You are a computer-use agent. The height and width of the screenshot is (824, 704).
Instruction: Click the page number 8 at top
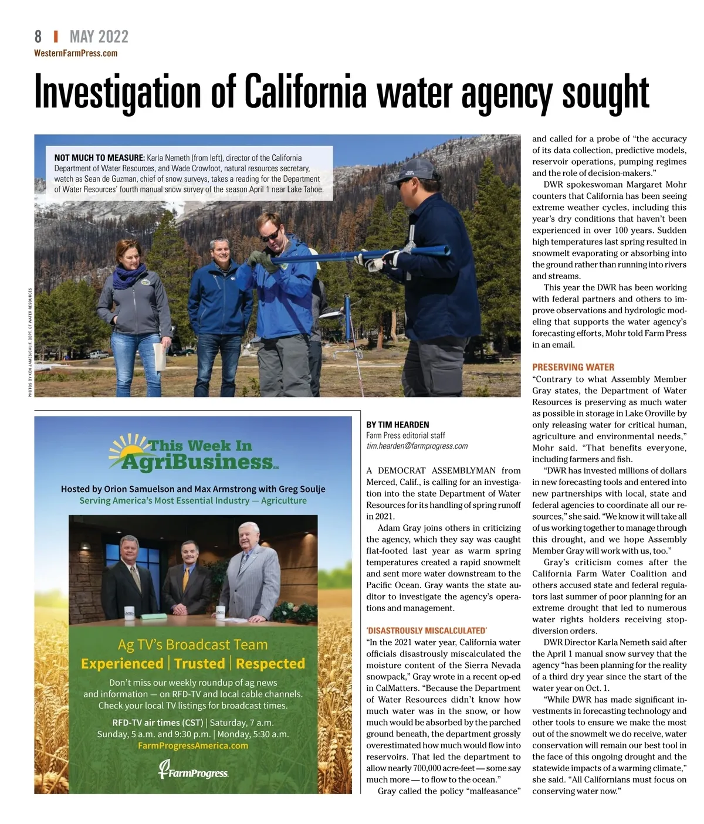[x=38, y=37]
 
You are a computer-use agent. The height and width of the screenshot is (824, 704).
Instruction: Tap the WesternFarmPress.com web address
[x=76, y=53]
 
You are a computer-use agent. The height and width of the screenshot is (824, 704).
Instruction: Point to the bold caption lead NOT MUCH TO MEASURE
[x=99, y=158]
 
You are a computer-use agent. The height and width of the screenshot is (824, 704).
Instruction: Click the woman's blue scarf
[x=129, y=274]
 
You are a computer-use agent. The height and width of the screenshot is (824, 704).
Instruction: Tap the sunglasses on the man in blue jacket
[x=270, y=235]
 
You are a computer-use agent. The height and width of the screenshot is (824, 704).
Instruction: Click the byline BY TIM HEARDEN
[x=397, y=425]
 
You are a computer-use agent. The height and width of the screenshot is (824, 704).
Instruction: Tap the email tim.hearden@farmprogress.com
[x=417, y=446]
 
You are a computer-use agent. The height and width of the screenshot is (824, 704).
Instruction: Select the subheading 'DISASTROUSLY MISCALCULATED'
[x=427, y=630]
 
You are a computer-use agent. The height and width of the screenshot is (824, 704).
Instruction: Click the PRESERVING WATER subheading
[x=573, y=367]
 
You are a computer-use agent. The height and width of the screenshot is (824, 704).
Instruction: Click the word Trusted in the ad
[x=199, y=663]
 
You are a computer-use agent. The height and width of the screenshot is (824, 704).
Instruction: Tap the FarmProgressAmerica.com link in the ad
[x=193, y=745]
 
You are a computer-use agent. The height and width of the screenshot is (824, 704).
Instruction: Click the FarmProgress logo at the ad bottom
[x=193, y=771]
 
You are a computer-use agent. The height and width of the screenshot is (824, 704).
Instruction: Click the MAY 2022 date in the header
[x=99, y=37]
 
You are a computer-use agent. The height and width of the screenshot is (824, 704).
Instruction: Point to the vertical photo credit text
[x=31, y=342]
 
